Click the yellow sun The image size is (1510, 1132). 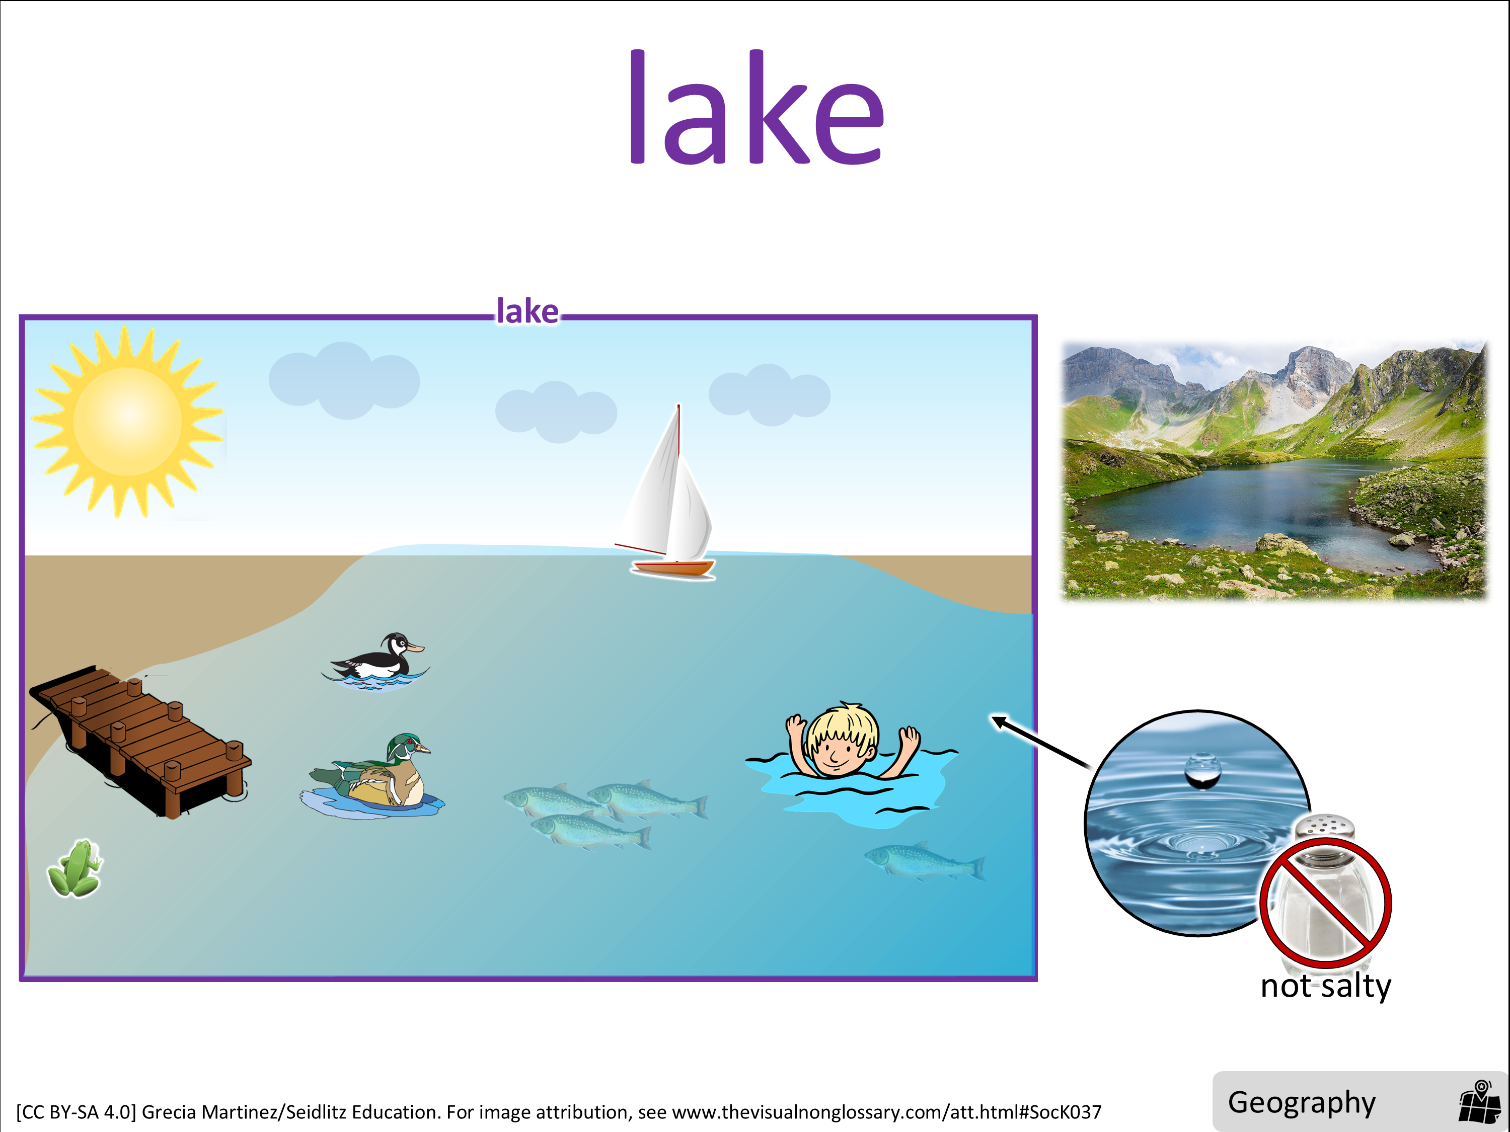pos(128,421)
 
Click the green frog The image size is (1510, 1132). pos(75,868)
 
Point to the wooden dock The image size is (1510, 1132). pos(140,741)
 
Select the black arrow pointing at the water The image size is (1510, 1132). pos(1040,742)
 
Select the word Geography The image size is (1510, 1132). pos(1302,1103)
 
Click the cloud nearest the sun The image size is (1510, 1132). pos(344,380)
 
